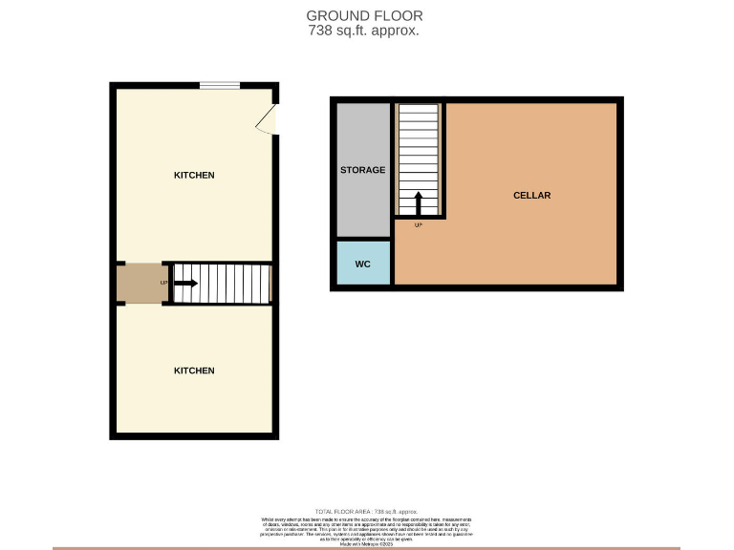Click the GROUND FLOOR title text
(364, 15)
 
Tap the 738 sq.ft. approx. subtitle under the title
(364, 31)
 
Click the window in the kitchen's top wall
(220, 87)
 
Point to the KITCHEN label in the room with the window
(194, 176)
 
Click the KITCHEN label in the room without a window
(194, 370)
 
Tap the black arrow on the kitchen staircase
(184, 284)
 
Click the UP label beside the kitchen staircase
(163, 284)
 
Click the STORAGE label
(363, 170)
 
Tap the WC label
(363, 264)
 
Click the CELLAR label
(531, 196)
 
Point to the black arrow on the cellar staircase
(419, 203)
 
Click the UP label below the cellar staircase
(419, 225)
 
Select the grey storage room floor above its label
(363, 129)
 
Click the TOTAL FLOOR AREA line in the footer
(367, 512)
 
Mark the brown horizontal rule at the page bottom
(367, 548)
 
